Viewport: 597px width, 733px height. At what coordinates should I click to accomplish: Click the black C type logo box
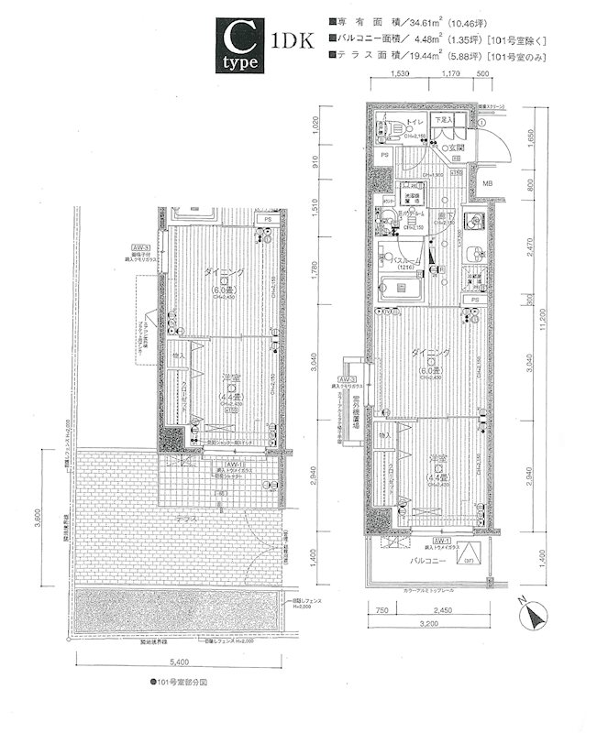tap(242, 45)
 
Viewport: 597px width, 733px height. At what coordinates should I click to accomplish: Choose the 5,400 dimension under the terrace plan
tap(180, 661)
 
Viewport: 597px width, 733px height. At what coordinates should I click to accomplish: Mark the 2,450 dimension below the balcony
tap(443, 608)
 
